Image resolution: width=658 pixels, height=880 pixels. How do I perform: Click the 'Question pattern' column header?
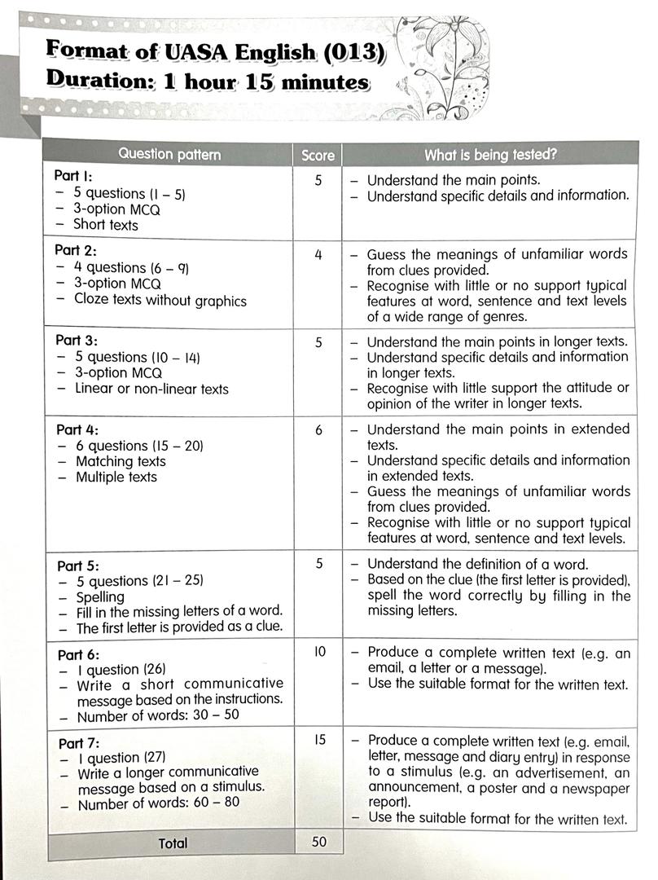pos(169,154)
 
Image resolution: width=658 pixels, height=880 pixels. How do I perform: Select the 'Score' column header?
pos(318,155)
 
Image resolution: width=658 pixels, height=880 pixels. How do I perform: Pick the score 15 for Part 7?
pos(318,740)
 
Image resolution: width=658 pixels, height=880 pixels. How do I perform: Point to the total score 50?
pos(319,842)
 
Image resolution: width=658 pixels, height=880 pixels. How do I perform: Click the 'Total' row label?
pos(173,843)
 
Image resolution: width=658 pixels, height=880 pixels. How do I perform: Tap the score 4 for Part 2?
pos(318,255)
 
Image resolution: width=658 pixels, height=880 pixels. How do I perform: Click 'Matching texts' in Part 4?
pos(121,461)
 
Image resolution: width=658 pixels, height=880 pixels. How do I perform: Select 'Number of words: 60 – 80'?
pos(159,804)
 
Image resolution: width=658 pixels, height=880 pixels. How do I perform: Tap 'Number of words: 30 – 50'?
pos(158,717)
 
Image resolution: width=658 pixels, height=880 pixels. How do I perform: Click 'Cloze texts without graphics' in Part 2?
pos(160,300)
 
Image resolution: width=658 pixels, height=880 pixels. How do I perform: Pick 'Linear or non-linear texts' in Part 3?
pos(151,389)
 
